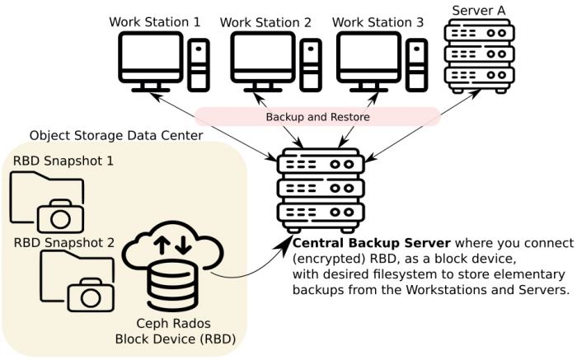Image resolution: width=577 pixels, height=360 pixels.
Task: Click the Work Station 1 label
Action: tap(154, 21)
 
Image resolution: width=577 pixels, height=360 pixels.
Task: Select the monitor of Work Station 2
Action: tap(261, 58)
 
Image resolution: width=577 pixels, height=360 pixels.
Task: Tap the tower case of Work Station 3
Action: tap(418, 66)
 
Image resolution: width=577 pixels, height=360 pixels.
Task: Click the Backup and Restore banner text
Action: tap(317, 118)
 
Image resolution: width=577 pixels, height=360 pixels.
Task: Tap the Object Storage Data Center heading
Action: tap(116, 135)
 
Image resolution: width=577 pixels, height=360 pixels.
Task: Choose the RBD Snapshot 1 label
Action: tap(63, 160)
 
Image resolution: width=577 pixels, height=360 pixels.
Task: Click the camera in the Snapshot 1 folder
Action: tap(60, 216)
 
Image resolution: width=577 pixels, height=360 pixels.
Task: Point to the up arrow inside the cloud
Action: tap(163, 245)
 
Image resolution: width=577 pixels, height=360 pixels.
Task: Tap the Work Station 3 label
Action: tap(378, 21)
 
